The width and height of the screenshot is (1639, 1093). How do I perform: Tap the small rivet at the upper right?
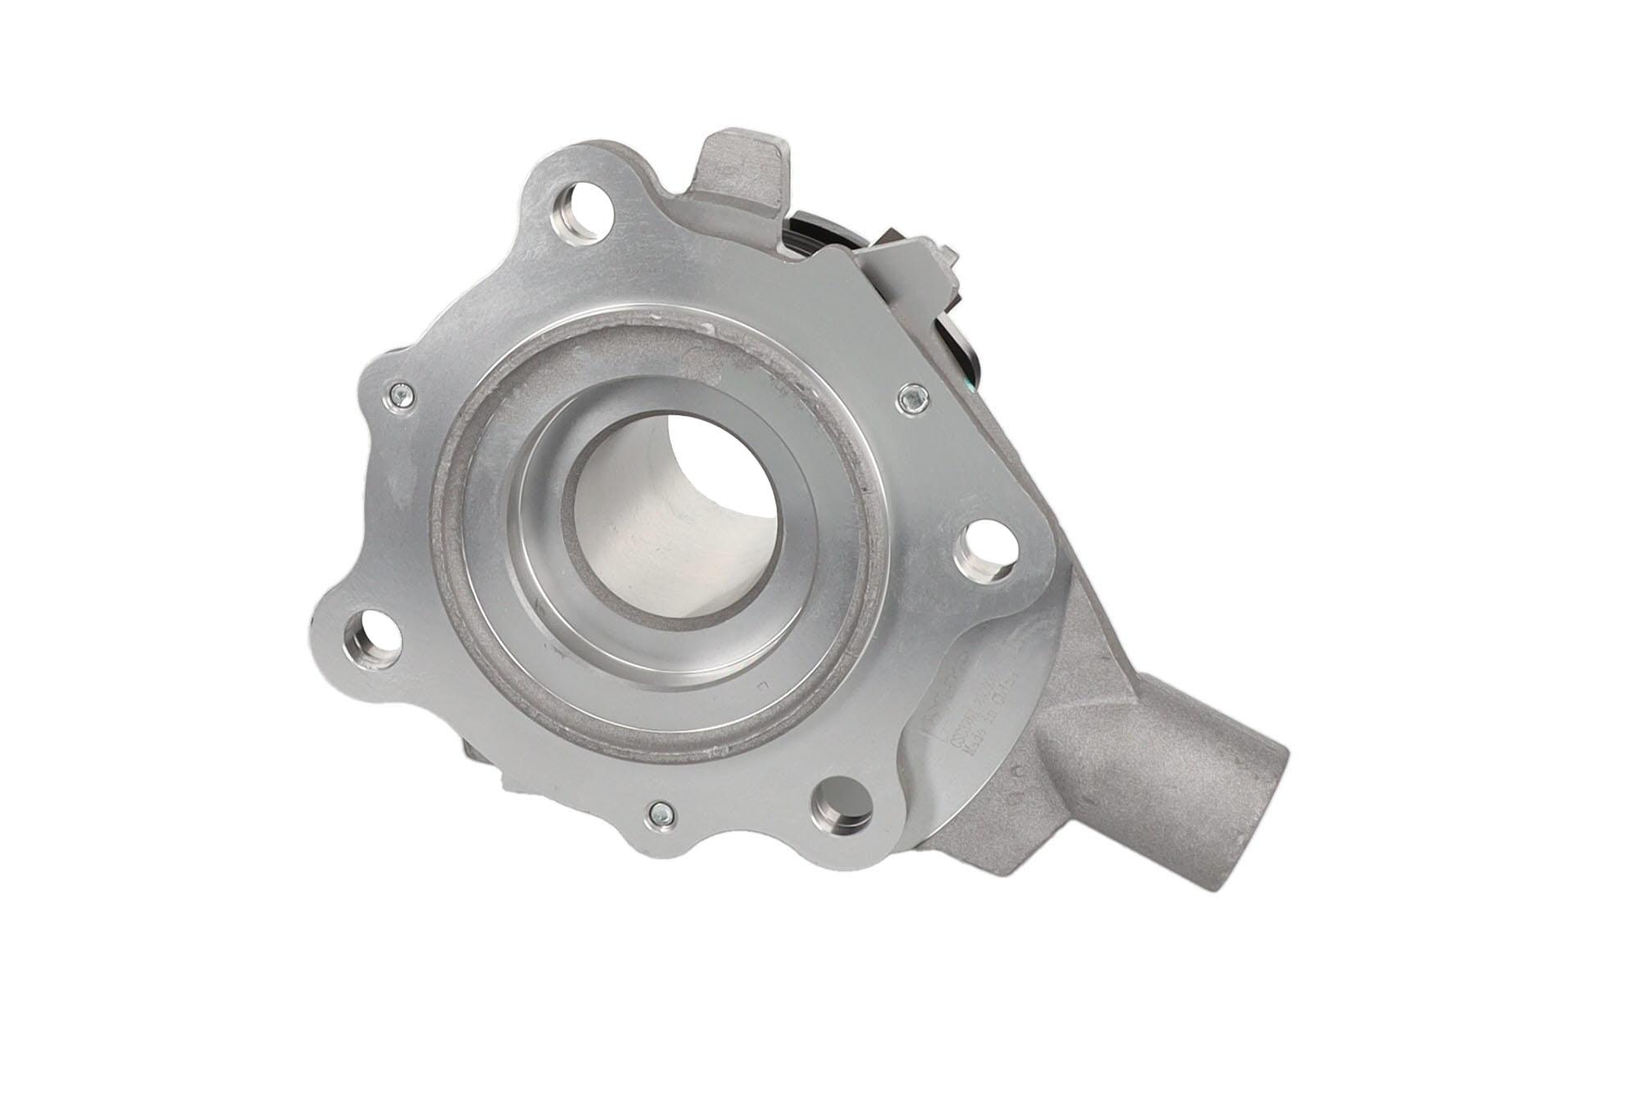(911, 399)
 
